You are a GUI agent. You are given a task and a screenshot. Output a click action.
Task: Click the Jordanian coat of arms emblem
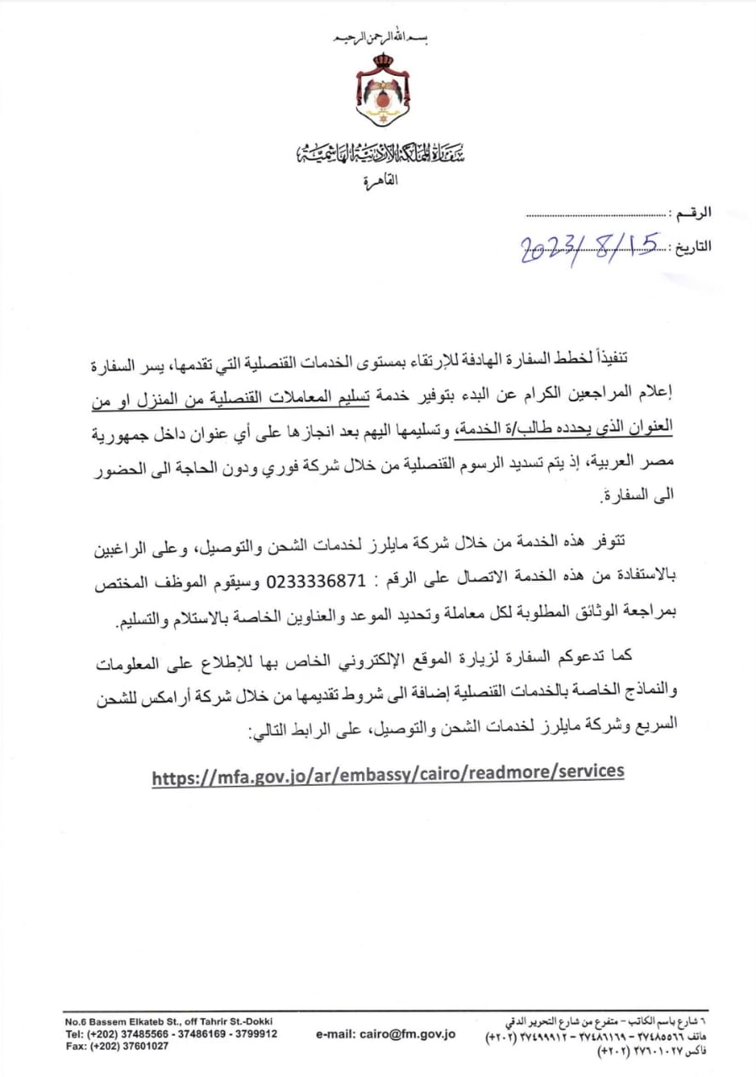point(383,93)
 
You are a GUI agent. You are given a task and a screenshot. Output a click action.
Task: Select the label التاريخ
point(690,247)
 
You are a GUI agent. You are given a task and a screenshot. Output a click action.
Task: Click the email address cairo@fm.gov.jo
point(386,1033)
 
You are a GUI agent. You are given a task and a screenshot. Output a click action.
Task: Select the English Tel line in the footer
point(171,1033)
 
